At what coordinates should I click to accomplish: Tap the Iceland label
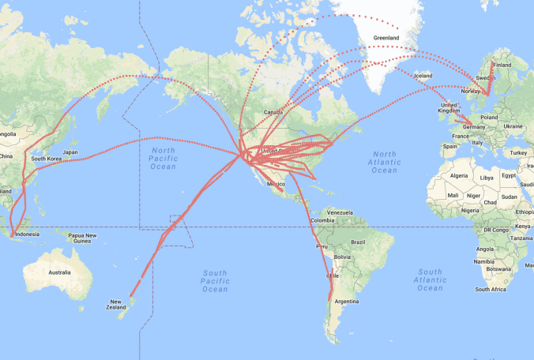coord(423,76)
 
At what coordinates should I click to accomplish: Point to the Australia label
coord(59,272)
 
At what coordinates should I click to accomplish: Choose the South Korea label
coord(47,159)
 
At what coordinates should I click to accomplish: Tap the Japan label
coord(70,152)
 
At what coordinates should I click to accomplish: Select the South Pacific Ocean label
coord(215,280)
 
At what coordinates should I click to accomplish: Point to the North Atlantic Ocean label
coord(385,162)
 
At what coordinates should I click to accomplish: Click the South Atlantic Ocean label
coord(430,279)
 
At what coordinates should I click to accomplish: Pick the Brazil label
coord(360,242)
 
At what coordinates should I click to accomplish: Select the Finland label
coord(502,66)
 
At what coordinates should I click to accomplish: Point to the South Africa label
coord(491,290)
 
